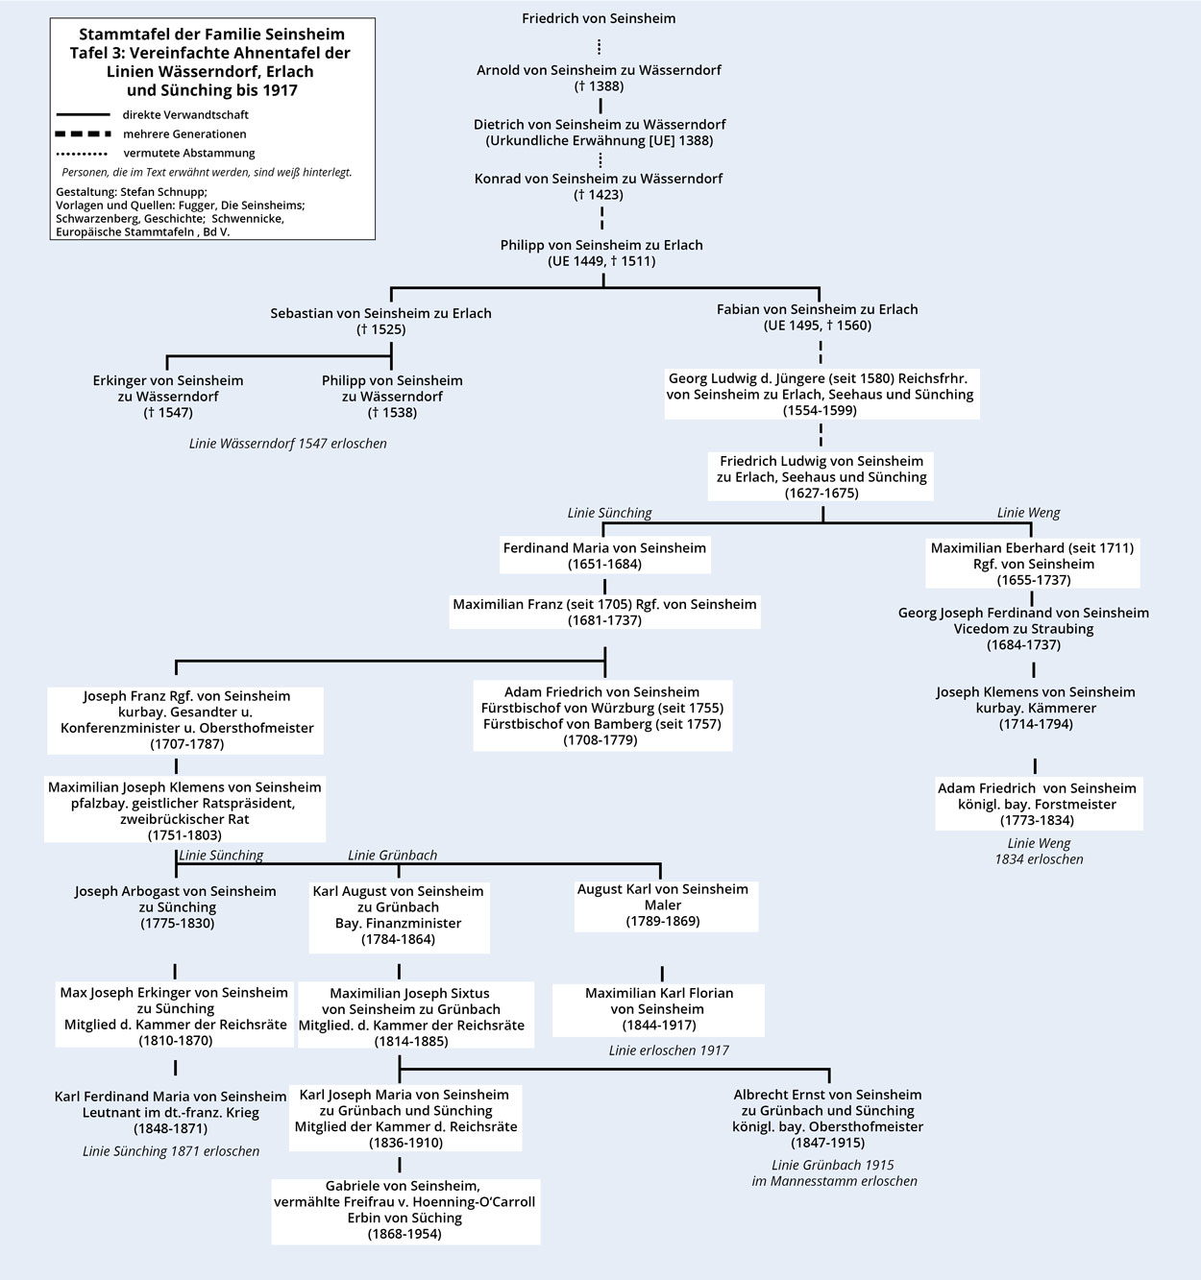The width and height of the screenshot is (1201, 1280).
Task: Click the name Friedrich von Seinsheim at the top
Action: click(x=599, y=18)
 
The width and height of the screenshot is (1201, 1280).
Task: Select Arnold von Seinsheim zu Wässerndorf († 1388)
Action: click(x=599, y=78)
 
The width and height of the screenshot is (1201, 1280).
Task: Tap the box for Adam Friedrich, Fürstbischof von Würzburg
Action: click(x=602, y=715)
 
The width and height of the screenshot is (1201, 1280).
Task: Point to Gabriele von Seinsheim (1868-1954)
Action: click(x=404, y=1210)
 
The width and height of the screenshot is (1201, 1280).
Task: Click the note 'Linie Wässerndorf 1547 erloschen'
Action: click(x=287, y=444)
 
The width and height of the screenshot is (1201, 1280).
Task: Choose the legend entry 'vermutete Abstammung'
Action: click(x=189, y=153)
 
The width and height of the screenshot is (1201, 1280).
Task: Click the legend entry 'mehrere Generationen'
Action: click(x=184, y=134)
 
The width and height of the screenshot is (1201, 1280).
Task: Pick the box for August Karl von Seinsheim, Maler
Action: click(x=663, y=905)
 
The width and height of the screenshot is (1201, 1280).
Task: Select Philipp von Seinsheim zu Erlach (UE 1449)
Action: click(x=601, y=253)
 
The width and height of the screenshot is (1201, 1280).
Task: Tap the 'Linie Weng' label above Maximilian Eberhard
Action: click(x=1028, y=512)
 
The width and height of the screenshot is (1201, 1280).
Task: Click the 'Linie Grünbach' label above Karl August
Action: click(x=392, y=855)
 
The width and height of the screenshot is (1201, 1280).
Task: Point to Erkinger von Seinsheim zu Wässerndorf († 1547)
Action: click(x=168, y=396)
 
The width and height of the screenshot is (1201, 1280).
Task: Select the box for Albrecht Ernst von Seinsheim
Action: click(x=827, y=1118)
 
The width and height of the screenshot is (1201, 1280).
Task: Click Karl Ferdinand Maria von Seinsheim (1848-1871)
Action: click(x=171, y=1112)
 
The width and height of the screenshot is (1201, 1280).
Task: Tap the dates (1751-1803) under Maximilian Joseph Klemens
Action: click(x=184, y=835)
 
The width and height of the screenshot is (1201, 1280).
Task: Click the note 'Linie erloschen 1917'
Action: click(x=669, y=1051)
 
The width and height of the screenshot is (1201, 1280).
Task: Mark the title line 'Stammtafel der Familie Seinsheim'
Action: click(x=211, y=35)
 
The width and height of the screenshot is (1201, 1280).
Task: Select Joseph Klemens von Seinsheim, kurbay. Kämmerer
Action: click(x=1035, y=708)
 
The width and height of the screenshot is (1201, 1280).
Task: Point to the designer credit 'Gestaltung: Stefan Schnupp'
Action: click(x=132, y=192)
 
